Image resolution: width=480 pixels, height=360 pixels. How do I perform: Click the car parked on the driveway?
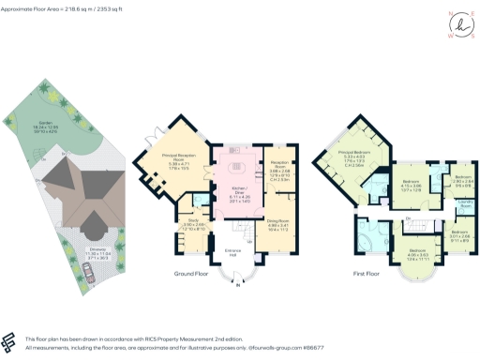pyautogui.click(x=87, y=273)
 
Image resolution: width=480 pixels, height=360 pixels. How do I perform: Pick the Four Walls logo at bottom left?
pyautogui.click(x=10, y=340)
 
